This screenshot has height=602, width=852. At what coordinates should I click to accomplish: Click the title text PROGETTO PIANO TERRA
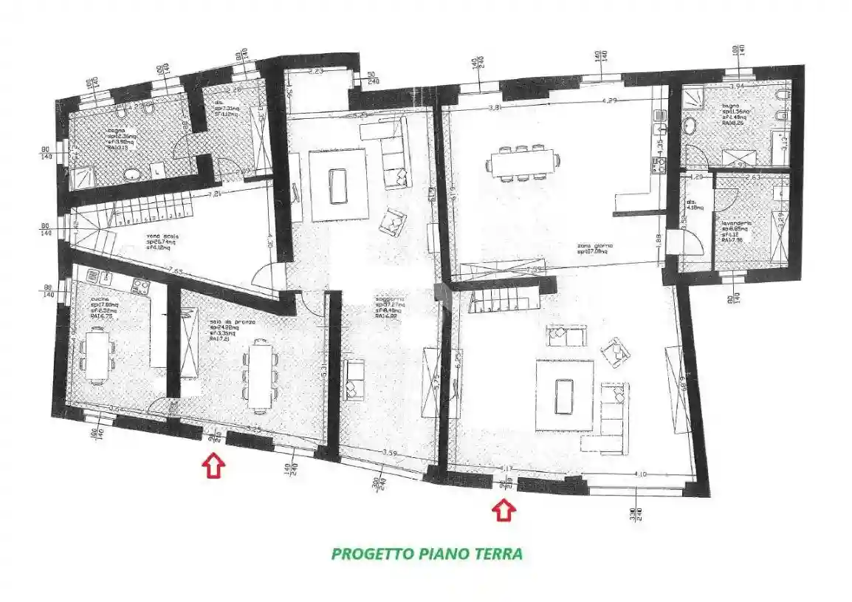[x=427, y=554]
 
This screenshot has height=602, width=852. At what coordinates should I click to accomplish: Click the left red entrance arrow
[x=213, y=466]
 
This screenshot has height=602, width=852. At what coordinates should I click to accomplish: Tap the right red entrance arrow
[x=504, y=510]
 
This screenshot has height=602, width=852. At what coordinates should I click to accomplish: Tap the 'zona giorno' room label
[x=595, y=246]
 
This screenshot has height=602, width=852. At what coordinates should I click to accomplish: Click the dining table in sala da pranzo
[x=258, y=375]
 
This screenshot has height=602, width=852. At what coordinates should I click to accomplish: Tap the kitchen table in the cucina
[x=96, y=355]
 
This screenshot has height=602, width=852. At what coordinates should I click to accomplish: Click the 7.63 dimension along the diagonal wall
[x=175, y=270]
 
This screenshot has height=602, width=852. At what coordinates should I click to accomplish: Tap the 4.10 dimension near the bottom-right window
[x=640, y=473]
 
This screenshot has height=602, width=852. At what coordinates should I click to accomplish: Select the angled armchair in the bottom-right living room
[x=613, y=353]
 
